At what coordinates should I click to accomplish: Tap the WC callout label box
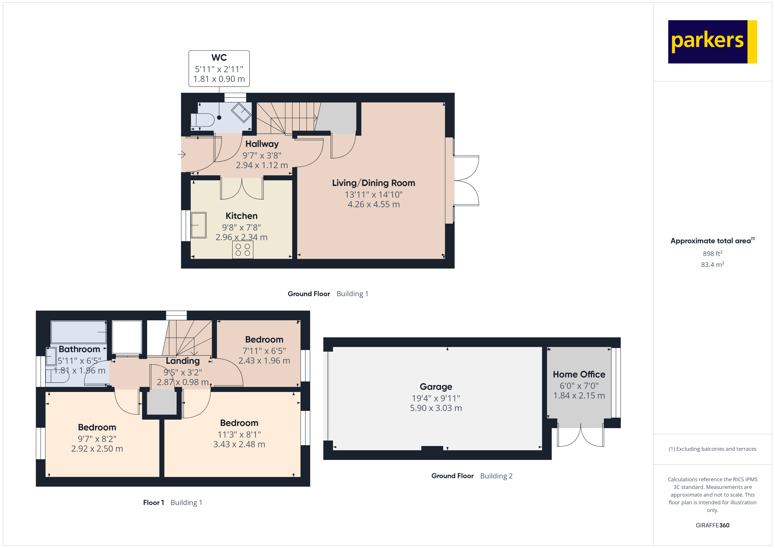219,68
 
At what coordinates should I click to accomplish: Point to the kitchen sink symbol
199,225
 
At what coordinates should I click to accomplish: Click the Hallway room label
262,144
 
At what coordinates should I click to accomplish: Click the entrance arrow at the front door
182,155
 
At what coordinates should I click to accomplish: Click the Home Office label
579,375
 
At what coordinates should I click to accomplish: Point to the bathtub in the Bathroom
78,332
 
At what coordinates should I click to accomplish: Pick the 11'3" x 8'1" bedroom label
239,423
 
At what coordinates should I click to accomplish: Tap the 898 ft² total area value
712,253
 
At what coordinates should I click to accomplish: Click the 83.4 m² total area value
712,265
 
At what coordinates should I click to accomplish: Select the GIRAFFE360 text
712,525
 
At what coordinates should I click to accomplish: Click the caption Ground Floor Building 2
472,476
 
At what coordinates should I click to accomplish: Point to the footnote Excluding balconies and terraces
712,449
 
